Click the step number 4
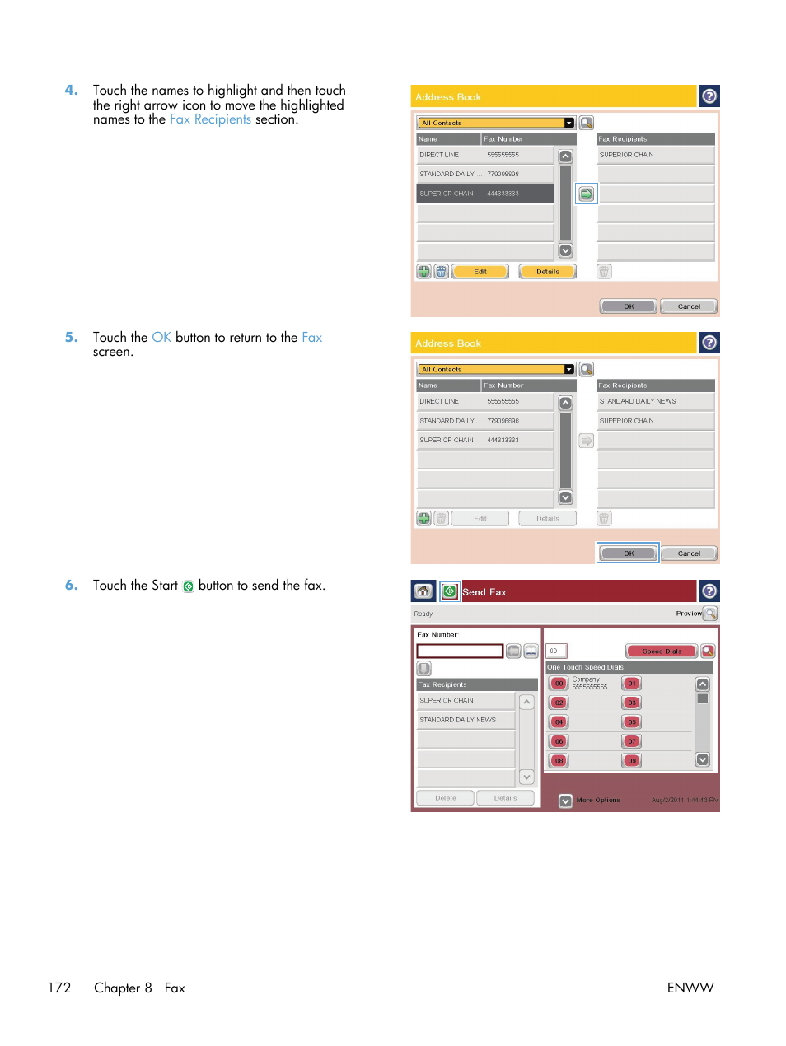coord(71,90)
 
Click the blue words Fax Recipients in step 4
coord(210,119)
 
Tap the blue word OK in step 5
coord(161,337)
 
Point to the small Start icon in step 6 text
coord(188,586)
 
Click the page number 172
coord(59,988)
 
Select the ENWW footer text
coord(690,988)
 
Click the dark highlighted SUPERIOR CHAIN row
coord(485,194)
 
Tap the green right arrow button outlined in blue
coord(586,194)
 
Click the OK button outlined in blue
coord(628,553)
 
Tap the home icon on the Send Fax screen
coord(423,591)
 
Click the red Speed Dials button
coord(662,651)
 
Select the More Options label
coord(598,800)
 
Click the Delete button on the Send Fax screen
coord(445,798)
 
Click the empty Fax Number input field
coord(460,651)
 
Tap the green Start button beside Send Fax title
coord(449,591)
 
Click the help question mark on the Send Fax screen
coord(709,591)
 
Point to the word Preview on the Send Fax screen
coord(688,614)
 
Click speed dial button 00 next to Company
coord(559,684)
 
